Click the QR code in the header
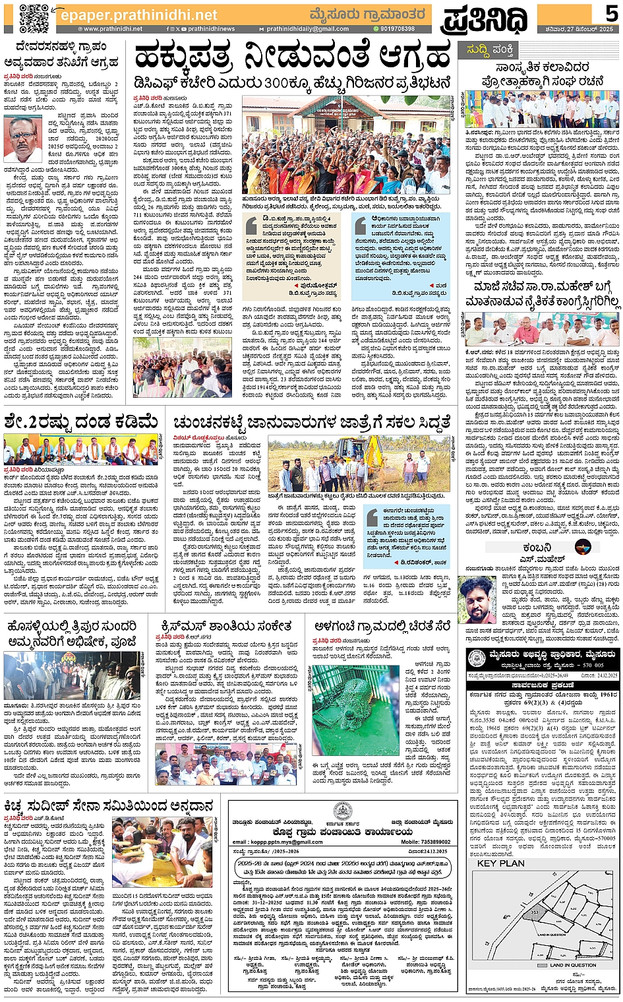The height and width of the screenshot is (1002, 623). pyautogui.click(x=34, y=18)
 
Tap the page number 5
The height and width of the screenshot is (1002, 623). pyautogui.click(x=611, y=13)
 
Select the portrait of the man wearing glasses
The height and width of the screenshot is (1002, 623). pyautogui.click(x=22, y=138)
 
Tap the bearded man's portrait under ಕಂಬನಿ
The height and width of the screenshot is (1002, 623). pyautogui.click(x=478, y=599)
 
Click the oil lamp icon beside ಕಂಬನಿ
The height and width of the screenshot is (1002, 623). pyautogui.click(x=581, y=547)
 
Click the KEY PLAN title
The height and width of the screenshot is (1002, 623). pyautogui.click(x=501, y=863)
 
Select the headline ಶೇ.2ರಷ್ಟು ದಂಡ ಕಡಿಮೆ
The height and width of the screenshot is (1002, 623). pyautogui.click(x=80, y=421)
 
